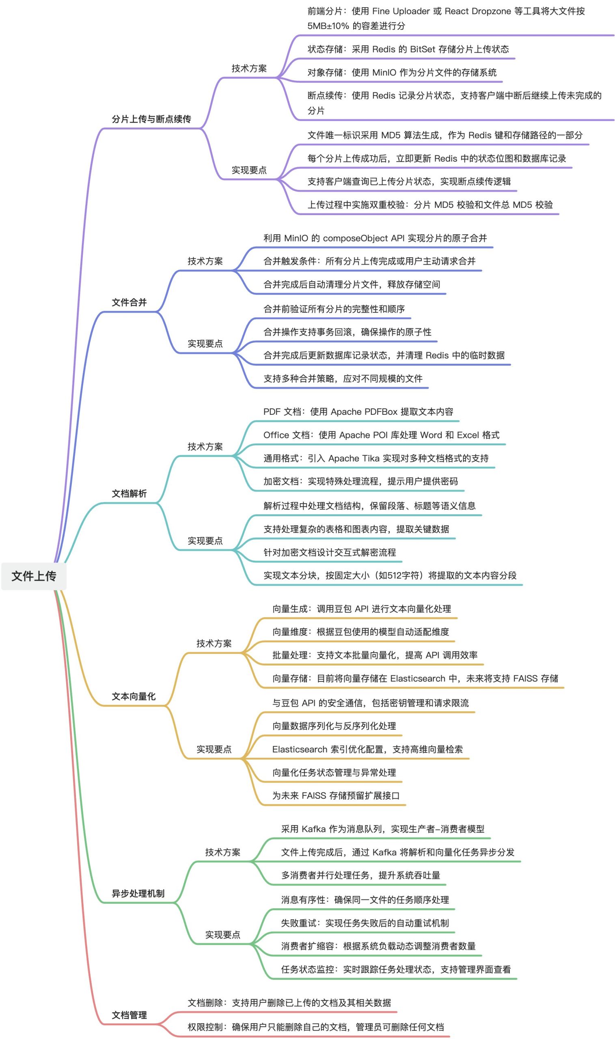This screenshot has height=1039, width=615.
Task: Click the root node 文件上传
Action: pos(34,576)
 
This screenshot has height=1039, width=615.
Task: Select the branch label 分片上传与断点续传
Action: pos(151,119)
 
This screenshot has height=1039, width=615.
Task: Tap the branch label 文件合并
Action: pos(129,302)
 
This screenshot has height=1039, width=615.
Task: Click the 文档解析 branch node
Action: pos(129,494)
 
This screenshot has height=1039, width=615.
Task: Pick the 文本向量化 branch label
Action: pos(134,696)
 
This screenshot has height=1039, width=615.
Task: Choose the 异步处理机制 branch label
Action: pos(138,894)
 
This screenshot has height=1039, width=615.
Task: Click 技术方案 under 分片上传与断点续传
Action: pos(249,68)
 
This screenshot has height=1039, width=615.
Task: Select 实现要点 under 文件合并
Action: pos(205,343)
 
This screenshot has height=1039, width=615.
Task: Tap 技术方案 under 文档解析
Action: pos(205,446)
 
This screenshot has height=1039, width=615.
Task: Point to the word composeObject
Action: pos(356,238)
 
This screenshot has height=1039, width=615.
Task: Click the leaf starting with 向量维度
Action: pos(360,632)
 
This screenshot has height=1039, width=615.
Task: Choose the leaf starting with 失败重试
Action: pos(365,923)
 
